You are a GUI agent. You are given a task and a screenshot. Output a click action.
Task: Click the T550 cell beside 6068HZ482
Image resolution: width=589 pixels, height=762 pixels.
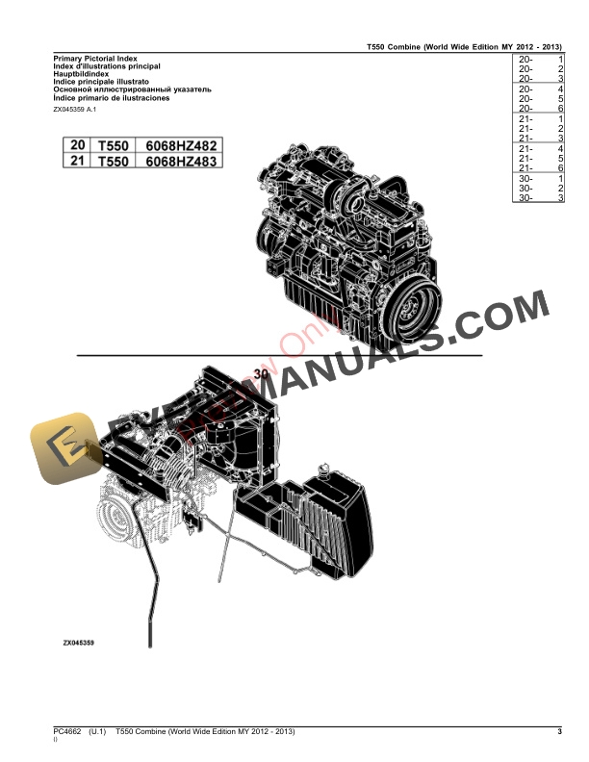click(113, 144)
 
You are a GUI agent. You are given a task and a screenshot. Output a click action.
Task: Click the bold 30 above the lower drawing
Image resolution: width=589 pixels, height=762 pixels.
click(261, 373)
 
